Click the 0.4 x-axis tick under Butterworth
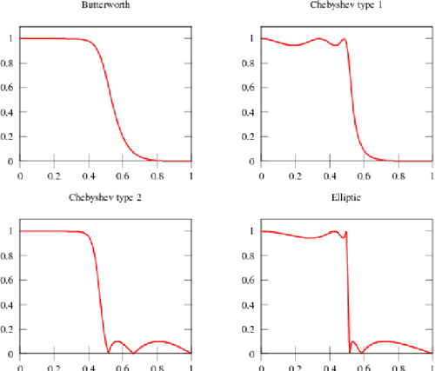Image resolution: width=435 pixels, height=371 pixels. pyautogui.click(x=87, y=174)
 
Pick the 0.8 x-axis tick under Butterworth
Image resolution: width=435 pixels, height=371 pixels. pyautogui.click(x=156, y=174)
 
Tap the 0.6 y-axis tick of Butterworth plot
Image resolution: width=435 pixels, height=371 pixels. pyautogui.click(x=10, y=87)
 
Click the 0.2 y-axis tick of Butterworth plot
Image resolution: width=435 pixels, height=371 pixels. pyautogui.click(x=10, y=136)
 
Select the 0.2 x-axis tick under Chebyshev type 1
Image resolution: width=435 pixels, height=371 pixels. pyautogui.click(x=295, y=174)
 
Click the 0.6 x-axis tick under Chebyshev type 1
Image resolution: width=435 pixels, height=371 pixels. pyautogui.click(x=364, y=174)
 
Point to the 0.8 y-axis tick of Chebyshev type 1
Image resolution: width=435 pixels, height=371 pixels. pyautogui.click(x=251, y=63)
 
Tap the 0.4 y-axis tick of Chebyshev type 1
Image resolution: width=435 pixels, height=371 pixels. pyautogui.click(x=251, y=112)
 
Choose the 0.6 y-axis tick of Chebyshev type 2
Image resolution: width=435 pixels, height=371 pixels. pyautogui.click(x=10, y=280)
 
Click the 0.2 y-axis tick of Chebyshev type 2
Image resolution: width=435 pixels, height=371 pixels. pyautogui.click(x=10, y=329)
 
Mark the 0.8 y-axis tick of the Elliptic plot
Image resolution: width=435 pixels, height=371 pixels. pyautogui.click(x=251, y=255)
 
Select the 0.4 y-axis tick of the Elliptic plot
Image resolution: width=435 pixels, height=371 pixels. pyautogui.click(x=251, y=305)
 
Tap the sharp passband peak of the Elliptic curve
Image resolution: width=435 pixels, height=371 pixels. pyautogui.click(x=346, y=232)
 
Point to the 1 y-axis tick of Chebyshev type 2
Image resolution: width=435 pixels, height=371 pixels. pyautogui.click(x=11, y=231)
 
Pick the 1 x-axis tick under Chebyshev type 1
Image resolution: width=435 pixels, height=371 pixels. pyautogui.click(x=432, y=174)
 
